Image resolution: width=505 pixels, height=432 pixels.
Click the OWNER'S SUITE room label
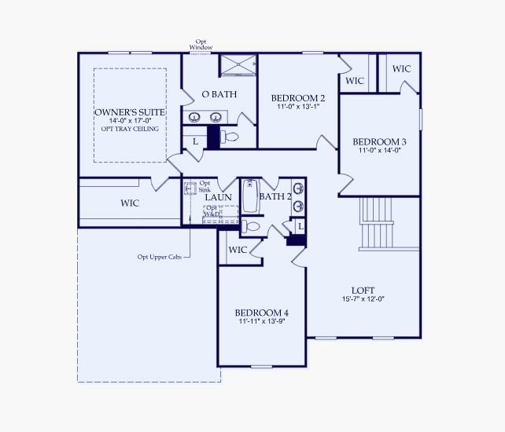(130, 112)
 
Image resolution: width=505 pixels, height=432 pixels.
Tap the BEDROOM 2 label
(297, 98)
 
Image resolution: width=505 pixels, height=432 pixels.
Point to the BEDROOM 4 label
(260, 312)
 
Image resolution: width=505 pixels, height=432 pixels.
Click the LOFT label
(363, 289)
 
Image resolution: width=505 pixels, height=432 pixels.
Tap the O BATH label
(219, 94)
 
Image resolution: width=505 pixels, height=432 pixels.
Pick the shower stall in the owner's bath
(238, 65)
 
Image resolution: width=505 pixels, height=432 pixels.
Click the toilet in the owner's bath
(228, 137)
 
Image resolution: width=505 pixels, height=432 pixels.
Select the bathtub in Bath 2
(251, 196)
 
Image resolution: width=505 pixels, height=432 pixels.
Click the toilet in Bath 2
(250, 227)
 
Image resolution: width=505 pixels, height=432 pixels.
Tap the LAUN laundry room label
(218, 196)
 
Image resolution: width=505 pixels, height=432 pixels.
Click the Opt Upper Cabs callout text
(160, 256)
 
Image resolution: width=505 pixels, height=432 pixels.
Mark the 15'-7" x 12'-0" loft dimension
(363, 298)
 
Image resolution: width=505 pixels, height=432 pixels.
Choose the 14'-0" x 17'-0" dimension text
(130, 121)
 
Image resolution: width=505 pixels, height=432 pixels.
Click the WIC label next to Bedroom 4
(238, 250)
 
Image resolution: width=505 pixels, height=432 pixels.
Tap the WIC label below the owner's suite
(130, 203)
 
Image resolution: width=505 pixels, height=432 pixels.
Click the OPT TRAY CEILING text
(130, 129)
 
